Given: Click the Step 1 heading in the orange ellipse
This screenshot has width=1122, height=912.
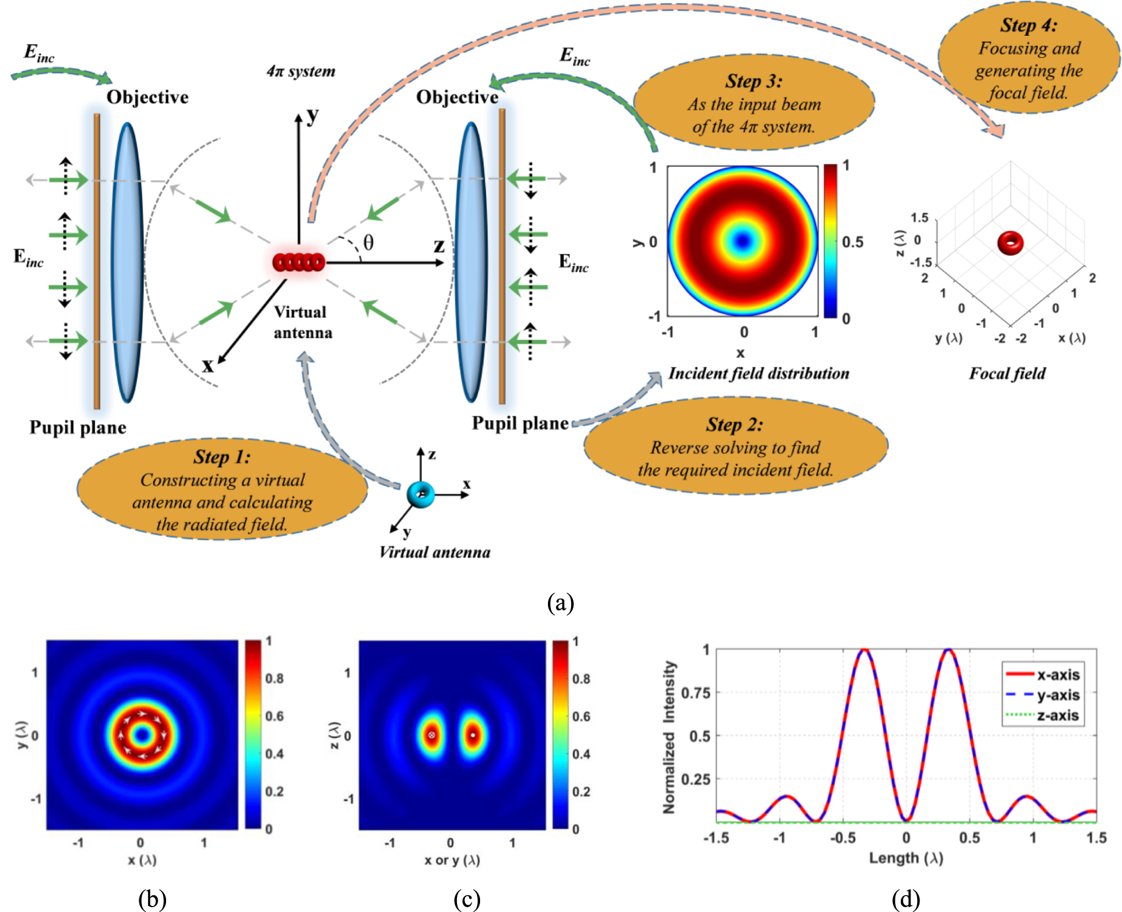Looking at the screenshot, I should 222,457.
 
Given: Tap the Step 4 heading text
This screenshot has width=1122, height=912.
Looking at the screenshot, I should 1029,25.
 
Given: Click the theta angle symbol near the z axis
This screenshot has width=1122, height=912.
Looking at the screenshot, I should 368,243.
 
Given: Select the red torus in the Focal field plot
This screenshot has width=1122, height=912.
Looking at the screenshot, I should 1010,243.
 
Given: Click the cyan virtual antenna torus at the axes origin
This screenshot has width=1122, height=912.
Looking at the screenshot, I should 421,494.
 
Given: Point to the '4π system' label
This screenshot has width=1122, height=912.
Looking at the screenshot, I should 301,72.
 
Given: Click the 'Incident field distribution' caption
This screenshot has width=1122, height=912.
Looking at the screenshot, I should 758,374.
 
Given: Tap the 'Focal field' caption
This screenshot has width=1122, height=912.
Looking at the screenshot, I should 1007,374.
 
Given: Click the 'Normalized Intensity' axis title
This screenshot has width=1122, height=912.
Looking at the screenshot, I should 669,736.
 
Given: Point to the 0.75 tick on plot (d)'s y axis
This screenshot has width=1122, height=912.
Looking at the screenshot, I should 696,692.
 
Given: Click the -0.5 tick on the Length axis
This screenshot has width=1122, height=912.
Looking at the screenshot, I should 842,838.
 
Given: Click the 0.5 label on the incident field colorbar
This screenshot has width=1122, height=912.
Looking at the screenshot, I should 853,242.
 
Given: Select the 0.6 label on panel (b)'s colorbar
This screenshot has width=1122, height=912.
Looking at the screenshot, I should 274,716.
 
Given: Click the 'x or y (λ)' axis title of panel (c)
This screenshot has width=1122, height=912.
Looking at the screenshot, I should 452,860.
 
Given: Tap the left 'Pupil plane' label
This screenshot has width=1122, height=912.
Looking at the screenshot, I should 78,428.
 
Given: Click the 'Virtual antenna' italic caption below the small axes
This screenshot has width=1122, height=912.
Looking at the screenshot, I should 435,552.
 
